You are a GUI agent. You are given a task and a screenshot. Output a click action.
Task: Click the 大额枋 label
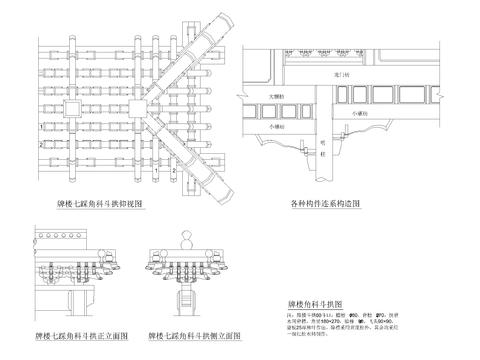coord(277,97)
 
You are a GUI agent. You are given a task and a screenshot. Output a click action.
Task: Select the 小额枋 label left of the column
coord(277,127)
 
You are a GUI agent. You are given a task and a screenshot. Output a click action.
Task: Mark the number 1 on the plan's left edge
coord(39,129)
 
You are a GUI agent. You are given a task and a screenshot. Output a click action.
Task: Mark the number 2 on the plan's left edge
coord(39,146)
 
